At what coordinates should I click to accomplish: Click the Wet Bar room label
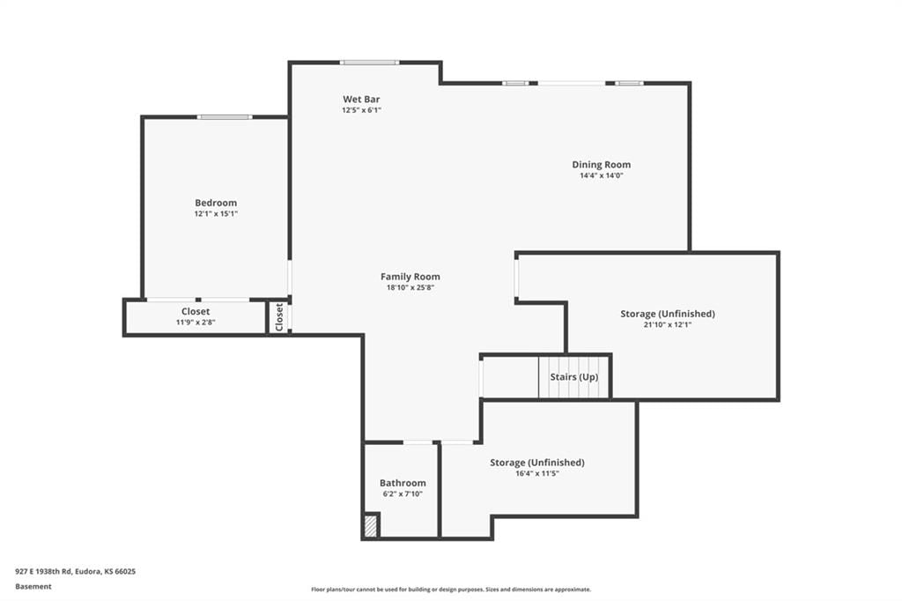361,99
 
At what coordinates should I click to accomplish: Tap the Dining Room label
601,165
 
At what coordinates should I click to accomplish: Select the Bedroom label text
216,203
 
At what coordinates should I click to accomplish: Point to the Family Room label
410,277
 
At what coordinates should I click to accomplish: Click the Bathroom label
403,483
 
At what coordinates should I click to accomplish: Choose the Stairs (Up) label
574,377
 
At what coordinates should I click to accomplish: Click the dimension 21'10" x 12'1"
668,324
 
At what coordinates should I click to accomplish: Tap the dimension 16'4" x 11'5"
537,474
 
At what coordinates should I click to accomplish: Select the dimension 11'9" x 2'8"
196,323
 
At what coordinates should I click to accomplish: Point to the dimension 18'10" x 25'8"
410,287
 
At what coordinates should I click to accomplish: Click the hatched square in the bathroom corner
371,526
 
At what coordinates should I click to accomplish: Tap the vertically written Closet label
279,317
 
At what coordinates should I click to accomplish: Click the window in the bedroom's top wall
225,117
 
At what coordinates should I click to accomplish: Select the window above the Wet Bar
369,63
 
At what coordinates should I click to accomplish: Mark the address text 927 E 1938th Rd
43,572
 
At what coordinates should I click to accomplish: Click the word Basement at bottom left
33,587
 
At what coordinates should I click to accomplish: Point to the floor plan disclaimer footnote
451,590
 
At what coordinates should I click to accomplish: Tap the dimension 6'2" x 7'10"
403,493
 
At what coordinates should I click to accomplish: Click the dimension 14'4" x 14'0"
601,175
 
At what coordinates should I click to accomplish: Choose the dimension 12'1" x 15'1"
216,213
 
